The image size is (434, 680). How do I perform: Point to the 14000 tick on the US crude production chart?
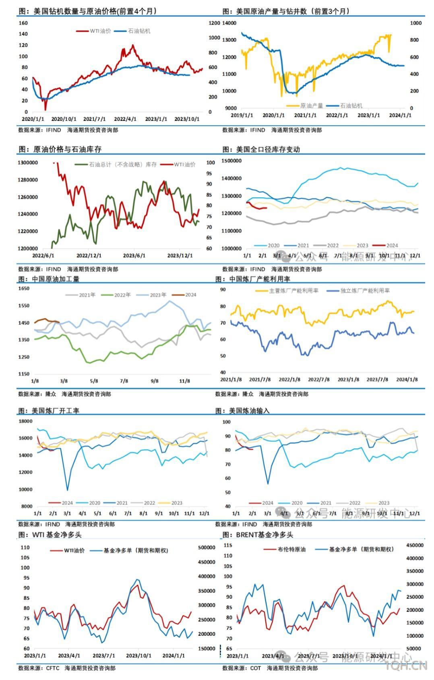click(229, 23)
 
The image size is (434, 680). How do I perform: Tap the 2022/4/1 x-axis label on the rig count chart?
click(125, 119)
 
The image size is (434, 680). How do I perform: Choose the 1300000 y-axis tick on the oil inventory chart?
click(27, 163)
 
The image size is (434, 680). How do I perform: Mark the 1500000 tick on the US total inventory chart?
click(231, 161)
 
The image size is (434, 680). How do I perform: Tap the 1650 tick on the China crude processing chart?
click(24, 289)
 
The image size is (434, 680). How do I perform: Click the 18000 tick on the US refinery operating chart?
click(26, 421)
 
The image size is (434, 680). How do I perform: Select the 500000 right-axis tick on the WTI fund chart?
click(207, 548)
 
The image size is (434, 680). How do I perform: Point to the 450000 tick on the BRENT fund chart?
click(415, 545)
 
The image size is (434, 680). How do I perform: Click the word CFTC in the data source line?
click(53, 668)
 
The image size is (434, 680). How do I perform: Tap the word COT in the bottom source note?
click(256, 668)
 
